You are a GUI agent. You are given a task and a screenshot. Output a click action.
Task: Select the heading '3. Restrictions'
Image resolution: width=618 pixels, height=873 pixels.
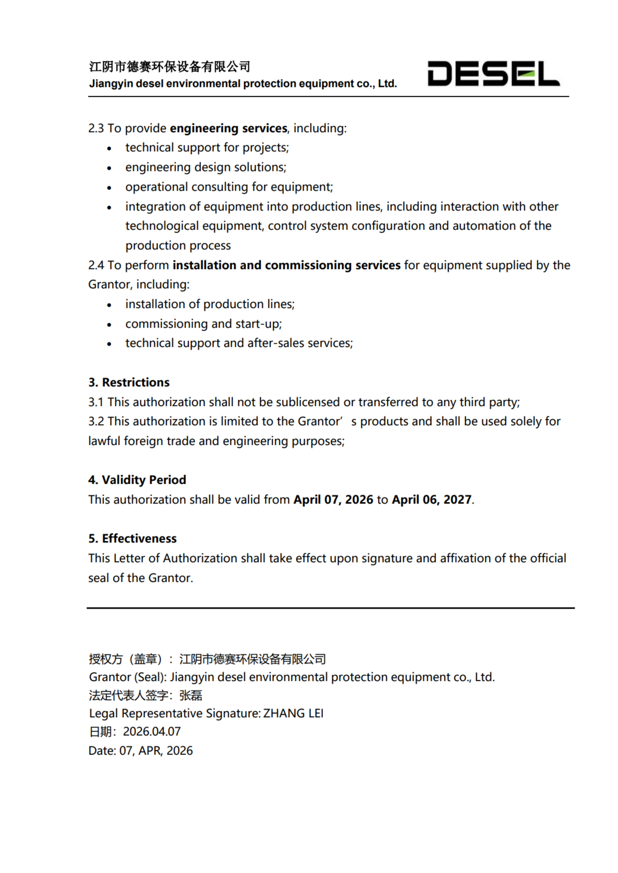[129, 382]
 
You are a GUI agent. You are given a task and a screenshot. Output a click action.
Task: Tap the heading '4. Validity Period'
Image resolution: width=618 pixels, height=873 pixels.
[137, 480]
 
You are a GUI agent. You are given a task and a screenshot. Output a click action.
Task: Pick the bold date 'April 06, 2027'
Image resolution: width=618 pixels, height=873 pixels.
[431, 500]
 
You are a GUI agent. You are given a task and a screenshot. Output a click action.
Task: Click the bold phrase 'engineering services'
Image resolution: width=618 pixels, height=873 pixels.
[228, 128]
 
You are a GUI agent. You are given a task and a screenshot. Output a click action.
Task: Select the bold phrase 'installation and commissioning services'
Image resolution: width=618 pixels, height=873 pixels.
[286, 265]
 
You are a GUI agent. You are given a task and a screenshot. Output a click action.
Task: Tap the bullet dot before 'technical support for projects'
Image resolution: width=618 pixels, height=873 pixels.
[109, 148]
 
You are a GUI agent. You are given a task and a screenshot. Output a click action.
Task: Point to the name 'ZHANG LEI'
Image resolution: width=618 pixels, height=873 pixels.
[293, 713]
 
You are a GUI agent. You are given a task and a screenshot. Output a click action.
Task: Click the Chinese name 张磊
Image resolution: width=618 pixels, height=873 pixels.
[191, 695]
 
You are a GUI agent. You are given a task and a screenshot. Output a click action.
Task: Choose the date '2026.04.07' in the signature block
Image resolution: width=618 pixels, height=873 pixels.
[152, 731]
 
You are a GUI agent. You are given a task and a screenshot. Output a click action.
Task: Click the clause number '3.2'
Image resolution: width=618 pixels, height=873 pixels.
[96, 421]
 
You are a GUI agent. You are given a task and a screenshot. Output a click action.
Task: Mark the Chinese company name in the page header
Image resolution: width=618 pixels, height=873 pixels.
[169, 67]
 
